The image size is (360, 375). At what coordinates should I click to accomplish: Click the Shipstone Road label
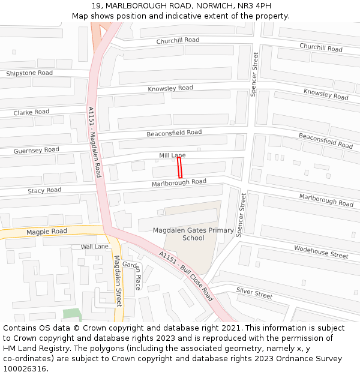click(29, 73)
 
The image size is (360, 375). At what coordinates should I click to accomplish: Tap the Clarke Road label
click(31, 112)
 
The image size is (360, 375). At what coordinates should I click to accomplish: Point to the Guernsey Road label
click(36, 150)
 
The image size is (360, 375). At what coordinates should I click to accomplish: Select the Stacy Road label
click(44, 190)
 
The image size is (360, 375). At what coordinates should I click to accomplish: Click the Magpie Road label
click(47, 232)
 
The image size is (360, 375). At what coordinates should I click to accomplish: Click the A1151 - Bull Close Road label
click(186, 275)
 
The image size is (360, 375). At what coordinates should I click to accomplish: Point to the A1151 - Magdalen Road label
click(95, 142)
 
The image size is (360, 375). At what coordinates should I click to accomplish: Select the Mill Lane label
click(172, 155)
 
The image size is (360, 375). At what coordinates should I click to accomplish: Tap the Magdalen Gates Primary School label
click(193, 234)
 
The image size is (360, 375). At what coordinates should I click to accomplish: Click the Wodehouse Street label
click(321, 252)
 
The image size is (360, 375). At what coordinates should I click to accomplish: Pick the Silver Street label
click(254, 293)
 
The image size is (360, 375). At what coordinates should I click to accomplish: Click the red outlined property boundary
click(179, 167)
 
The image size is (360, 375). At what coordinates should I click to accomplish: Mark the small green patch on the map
click(71, 314)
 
